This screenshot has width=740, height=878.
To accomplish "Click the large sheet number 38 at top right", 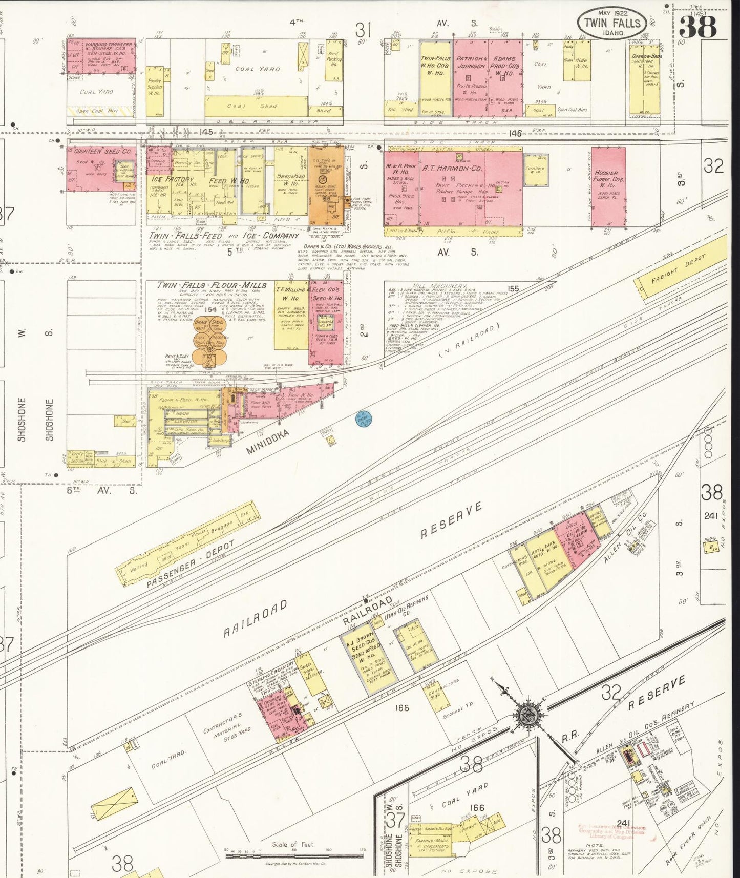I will tap(698, 26).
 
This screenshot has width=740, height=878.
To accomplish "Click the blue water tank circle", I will tap(364, 420).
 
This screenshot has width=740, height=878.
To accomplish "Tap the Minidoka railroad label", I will tap(267, 442).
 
